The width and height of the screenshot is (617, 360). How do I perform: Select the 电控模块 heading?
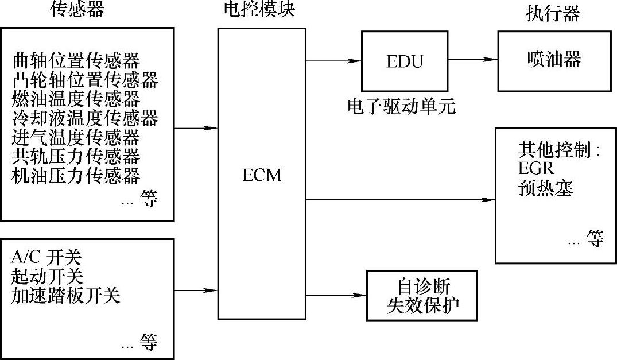[x=260, y=10]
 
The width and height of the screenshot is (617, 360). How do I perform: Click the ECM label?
[x=262, y=175]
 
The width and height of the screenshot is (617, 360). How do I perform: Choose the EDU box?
[x=405, y=60]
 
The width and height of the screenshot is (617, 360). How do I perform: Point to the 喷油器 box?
[x=554, y=60]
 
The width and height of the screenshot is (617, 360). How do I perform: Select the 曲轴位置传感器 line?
[x=76, y=60]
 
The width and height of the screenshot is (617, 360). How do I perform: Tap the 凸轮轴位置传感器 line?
[x=84, y=79]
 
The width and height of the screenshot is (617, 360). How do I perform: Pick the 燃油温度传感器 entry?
[x=76, y=99]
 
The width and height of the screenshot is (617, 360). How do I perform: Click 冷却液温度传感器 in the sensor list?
[x=84, y=118]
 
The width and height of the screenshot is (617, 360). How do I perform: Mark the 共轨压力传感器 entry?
[x=76, y=156]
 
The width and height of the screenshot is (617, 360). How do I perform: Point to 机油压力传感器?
[x=76, y=175]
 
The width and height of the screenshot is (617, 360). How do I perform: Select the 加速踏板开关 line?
[x=65, y=296]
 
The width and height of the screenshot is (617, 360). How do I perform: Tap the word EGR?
[x=534, y=171]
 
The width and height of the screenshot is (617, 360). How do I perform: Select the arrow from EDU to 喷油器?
[x=472, y=59]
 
